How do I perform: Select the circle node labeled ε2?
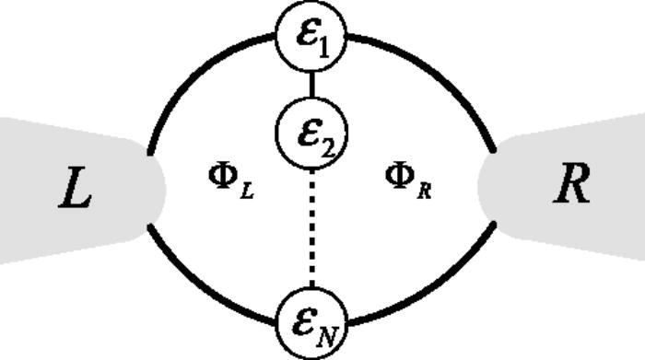311,134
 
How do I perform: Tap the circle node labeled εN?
311,322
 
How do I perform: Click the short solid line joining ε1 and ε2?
311,86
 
